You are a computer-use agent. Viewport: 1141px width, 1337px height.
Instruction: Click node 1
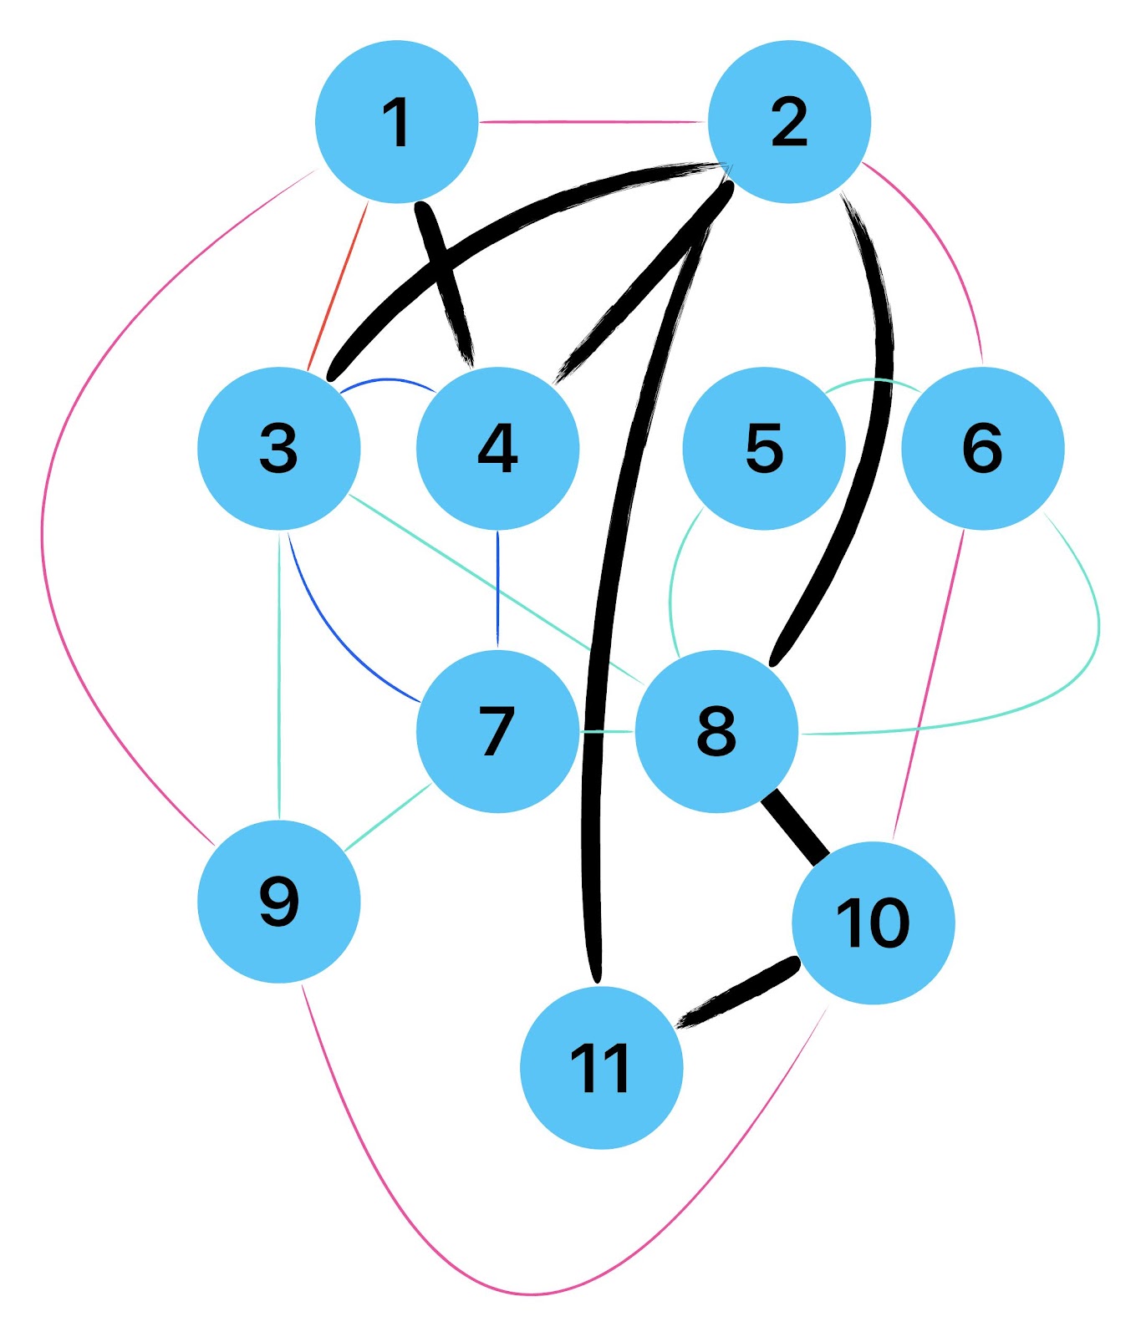tap(396, 122)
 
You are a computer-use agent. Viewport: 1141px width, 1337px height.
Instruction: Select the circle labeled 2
tap(789, 122)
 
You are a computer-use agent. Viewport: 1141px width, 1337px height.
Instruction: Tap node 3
tap(278, 448)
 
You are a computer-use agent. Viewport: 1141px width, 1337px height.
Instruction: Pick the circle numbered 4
tap(497, 448)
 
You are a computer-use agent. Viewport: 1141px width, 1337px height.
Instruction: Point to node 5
tap(764, 448)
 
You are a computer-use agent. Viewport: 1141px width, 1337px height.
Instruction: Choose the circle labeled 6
tap(982, 448)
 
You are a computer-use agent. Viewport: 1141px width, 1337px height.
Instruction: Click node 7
tap(497, 731)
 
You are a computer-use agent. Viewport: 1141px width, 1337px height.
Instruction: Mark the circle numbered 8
tap(716, 731)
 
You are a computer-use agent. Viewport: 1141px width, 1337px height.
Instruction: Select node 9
tap(278, 902)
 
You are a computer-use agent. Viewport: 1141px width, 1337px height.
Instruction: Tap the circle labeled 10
tap(873, 923)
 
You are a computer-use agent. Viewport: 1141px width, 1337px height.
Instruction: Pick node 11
tap(601, 1068)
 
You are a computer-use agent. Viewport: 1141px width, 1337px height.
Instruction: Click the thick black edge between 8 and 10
tap(795, 826)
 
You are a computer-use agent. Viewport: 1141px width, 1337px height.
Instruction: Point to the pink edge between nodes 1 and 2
tap(593, 122)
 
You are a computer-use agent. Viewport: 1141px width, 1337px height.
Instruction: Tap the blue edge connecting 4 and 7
tap(497, 589)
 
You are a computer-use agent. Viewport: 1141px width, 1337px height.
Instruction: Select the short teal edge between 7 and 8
tap(607, 731)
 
